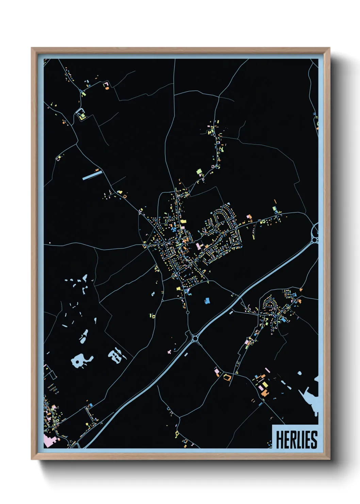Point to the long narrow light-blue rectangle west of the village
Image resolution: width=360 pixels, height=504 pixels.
(x=92, y=175)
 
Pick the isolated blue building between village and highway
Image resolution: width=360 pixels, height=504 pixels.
(x=207, y=300)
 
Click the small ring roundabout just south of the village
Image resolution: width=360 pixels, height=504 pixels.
(x=188, y=312)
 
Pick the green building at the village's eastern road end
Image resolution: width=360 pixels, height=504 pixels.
(x=274, y=208)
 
